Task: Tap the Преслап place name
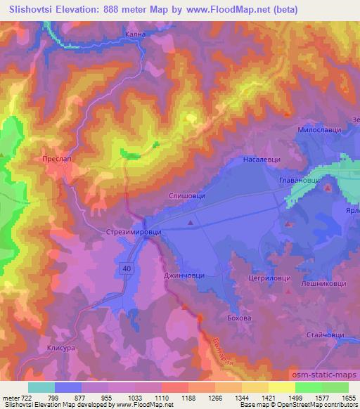[54, 160]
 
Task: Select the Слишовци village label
[188, 197]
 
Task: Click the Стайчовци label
[324, 336]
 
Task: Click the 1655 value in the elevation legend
[349, 398]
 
